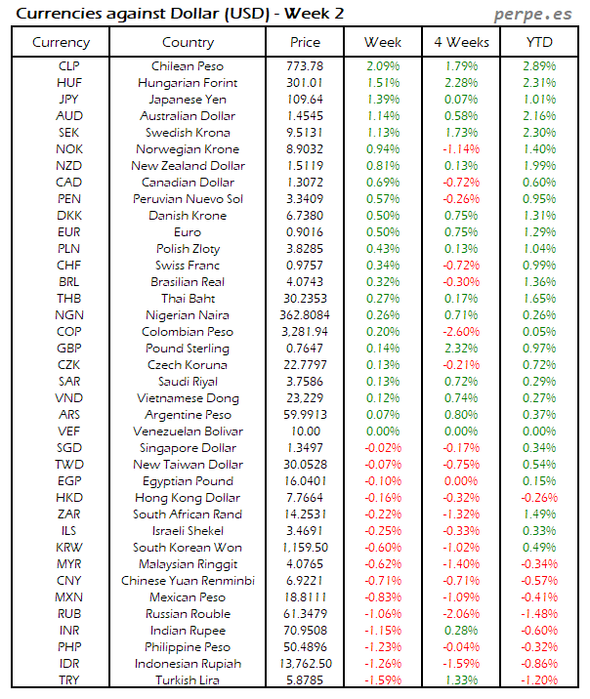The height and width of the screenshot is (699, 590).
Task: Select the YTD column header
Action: point(539,42)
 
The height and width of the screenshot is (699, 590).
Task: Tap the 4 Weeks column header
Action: point(460,42)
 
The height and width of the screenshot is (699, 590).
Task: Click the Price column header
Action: point(305,42)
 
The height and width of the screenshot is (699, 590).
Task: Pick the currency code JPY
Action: point(69,100)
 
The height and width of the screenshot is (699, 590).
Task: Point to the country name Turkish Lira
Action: point(188,680)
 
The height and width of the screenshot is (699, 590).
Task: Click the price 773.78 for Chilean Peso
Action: point(305,66)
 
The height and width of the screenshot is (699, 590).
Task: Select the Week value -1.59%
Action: point(383,680)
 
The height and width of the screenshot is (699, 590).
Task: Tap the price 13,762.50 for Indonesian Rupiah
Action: point(305,664)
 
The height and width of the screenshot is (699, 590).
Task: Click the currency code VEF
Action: point(69,432)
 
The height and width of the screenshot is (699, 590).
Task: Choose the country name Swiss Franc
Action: point(188,266)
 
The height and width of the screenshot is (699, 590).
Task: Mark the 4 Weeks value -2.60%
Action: point(460,332)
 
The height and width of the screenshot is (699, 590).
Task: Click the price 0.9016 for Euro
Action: point(305,232)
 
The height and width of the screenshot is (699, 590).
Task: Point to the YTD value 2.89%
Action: point(539,66)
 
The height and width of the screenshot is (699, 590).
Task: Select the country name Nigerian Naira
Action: point(188,315)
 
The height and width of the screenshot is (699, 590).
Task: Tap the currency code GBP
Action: point(69,349)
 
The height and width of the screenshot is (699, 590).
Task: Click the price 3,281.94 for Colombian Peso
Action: point(305,332)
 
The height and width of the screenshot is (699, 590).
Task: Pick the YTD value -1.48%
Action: point(539,614)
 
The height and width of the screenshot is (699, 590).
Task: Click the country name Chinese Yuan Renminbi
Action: point(188,581)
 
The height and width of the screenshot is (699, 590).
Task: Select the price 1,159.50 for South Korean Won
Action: point(305,548)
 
